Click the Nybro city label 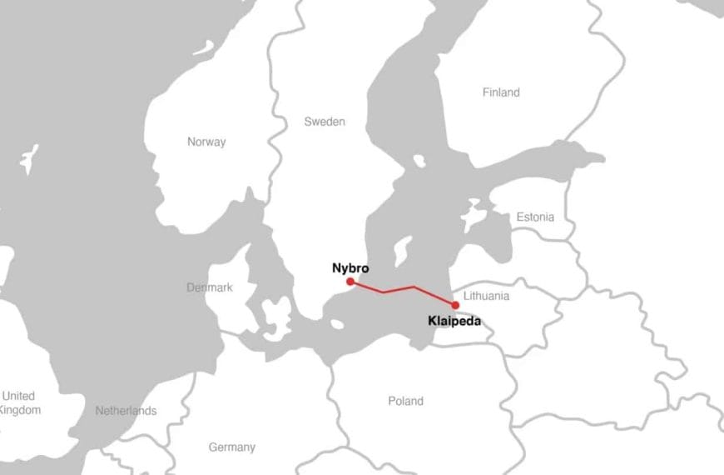[x=350, y=269]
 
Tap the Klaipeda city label [x=454, y=320]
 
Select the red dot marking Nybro [x=350, y=282]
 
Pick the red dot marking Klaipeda [x=454, y=305]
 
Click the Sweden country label [x=324, y=122]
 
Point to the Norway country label [x=206, y=142]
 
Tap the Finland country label [x=501, y=92]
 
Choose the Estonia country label [x=534, y=217]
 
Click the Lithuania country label [x=487, y=296]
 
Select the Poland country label [x=405, y=401]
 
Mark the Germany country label [x=231, y=447]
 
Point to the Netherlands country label [x=126, y=411]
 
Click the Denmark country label [x=209, y=287]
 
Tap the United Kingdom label [x=18, y=402]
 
